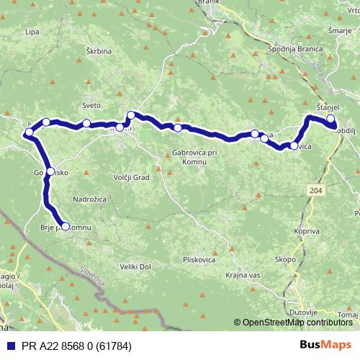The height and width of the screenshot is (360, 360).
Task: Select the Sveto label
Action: pyautogui.click(x=91, y=105)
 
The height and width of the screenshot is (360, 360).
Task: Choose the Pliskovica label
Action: pyautogui.click(x=200, y=259)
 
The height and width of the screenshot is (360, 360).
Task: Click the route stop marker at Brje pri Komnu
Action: pyautogui.click(x=66, y=226)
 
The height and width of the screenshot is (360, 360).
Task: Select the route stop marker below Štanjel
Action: pyautogui.click(x=330, y=119)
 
